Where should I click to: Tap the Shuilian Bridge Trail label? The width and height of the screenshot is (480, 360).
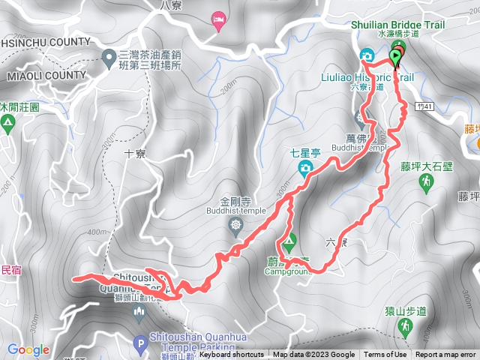click(397, 25)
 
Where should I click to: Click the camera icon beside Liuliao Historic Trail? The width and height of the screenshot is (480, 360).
click(367, 55)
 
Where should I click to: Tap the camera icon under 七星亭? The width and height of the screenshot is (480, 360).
click(306, 167)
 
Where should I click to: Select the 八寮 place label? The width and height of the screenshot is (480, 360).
click(170, 4)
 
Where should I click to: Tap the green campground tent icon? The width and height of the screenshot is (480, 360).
click(289, 243)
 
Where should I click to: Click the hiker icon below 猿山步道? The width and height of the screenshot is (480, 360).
click(405, 325)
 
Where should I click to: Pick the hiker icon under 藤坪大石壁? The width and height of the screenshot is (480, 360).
click(427, 182)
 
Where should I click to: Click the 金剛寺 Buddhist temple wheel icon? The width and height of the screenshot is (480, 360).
click(238, 225)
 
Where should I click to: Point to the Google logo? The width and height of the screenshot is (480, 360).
click(28, 349)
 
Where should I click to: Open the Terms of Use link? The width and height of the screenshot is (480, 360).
click(385, 355)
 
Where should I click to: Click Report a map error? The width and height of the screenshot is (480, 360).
click(447, 355)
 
